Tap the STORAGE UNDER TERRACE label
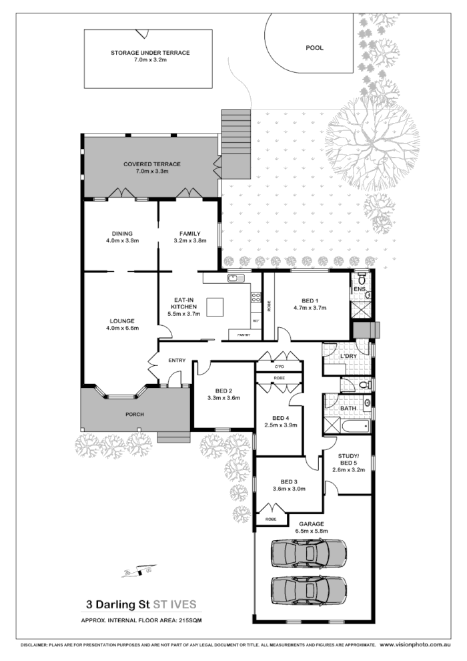point(150,53)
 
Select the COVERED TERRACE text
point(151,164)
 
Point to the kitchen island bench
point(215,306)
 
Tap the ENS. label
point(360,289)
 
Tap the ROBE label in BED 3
point(270,519)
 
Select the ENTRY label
point(177,361)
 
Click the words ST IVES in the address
point(175,605)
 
